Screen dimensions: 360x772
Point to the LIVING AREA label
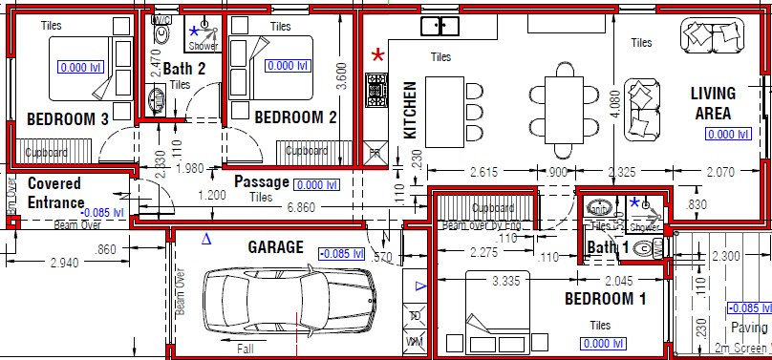[713, 102]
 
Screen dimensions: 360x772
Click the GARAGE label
[275, 246]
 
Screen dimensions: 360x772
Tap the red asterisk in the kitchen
[378, 55]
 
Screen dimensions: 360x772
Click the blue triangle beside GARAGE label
[205, 240]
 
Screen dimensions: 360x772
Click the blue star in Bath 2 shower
[194, 32]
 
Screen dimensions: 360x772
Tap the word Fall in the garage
[247, 349]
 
